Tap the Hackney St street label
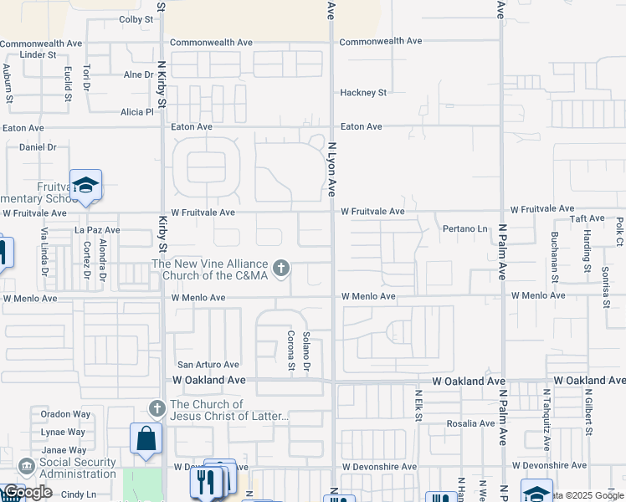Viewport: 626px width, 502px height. pyautogui.click(x=362, y=92)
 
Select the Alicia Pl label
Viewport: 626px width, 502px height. pyautogui.click(x=137, y=111)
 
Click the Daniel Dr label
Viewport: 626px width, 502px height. pyautogui.click(x=37, y=146)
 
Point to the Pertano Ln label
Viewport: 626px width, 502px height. pyautogui.click(x=464, y=228)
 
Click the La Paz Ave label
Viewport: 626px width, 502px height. pyautogui.click(x=97, y=229)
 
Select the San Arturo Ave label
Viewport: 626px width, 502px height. pyautogui.click(x=208, y=365)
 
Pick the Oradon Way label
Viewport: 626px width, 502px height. pyautogui.click(x=65, y=413)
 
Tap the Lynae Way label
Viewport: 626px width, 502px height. pyautogui.click(x=64, y=432)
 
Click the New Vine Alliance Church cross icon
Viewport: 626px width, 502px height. pyautogui.click(x=281, y=269)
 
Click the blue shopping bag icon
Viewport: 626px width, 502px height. pyautogui.click(x=146, y=438)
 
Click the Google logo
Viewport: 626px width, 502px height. pyautogui.click(x=28, y=492)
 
